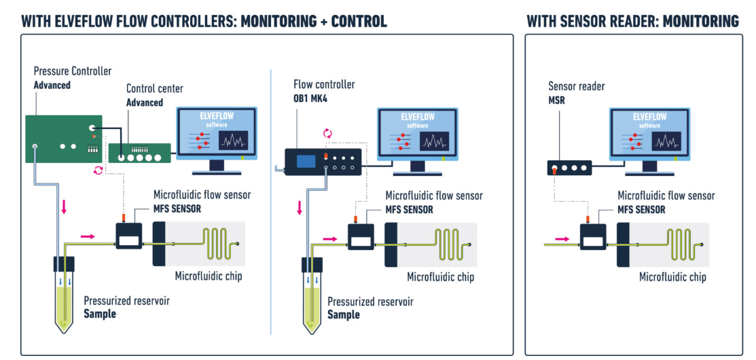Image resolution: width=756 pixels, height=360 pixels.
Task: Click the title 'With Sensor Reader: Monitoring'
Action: (632, 21)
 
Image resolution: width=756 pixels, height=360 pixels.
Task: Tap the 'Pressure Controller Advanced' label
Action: (72, 77)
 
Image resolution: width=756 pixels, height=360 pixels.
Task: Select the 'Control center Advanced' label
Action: (154, 96)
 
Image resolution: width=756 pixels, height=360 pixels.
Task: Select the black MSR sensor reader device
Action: (569, 168)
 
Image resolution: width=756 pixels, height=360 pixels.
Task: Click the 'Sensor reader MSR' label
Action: (576, 93)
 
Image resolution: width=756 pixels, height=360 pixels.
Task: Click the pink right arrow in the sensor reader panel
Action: (562, 238)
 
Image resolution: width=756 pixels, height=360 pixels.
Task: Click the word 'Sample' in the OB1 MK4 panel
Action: (344, 314)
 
